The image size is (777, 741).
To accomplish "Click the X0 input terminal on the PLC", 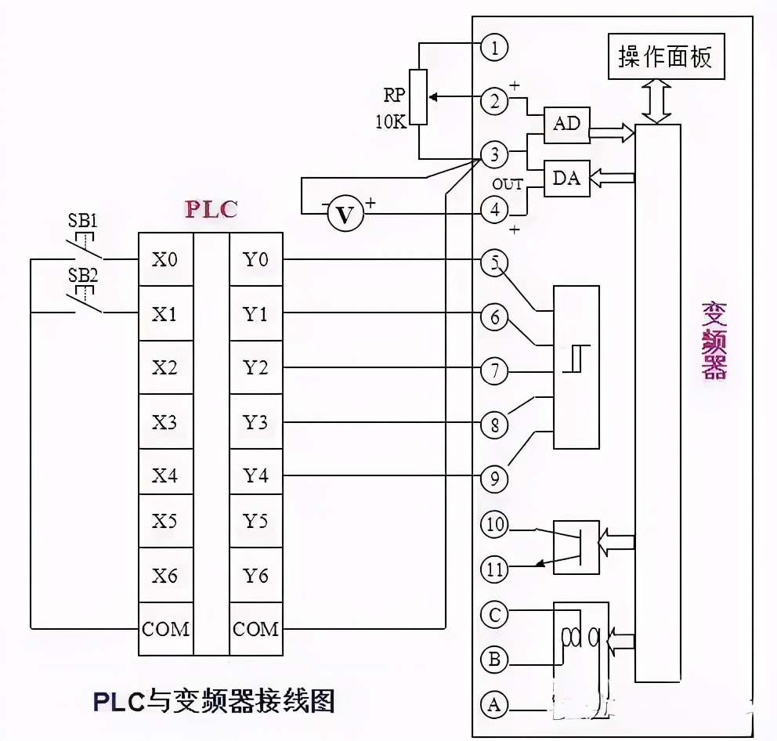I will tap(164, 259).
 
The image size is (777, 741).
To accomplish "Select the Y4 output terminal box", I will tap(255, 475).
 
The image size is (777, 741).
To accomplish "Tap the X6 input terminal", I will tap(164, 576).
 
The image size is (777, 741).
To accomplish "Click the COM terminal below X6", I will tap(165, 629).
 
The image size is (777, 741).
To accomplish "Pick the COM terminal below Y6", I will tap(256, 629).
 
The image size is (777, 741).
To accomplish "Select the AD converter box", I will tap(566, 124).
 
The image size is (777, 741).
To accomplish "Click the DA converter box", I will tap(566, 178).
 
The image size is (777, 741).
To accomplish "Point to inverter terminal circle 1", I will tap(494, 48).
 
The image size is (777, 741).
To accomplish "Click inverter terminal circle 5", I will tap(494, 263).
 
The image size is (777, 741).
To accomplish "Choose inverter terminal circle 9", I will tap(494, 479).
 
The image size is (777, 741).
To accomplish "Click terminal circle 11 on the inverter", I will tap(494, 569).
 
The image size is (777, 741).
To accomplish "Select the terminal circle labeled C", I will tap(494, 615).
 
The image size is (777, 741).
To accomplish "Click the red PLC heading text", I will tap(210, 209).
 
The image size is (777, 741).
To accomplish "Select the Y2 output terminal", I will tap(255, 367).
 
